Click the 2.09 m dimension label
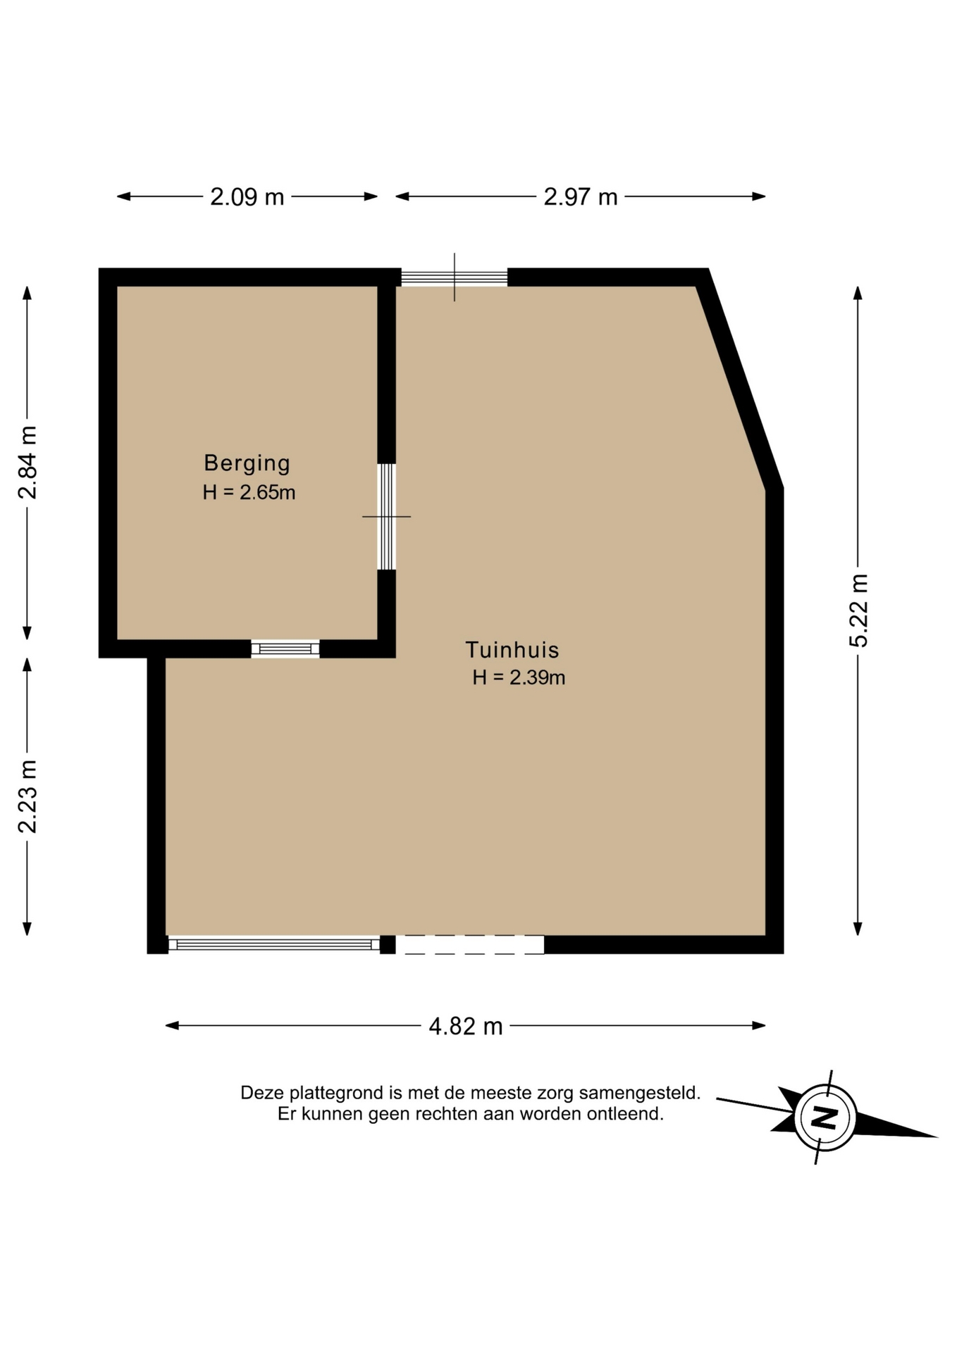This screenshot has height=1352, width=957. [x=247, y=196]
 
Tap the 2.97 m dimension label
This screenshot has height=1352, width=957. [x=580, y=196]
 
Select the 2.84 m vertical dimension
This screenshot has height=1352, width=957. [x=27, y=463]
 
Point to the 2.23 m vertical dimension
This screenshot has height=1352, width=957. [x=27, y=796]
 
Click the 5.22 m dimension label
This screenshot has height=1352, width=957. [x=858, y=611]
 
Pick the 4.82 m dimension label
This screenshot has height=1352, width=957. [x=466, y=1026]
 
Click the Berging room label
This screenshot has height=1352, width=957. [x=247, y=463]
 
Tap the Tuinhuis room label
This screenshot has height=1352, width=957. [x=512, y=649]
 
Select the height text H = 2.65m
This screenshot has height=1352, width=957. [x=249, y=492]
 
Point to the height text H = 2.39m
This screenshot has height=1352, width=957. [x=519, y=677]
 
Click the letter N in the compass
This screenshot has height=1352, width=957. [x=824, y=1118]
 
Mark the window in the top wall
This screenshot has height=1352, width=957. [x=454, y=277]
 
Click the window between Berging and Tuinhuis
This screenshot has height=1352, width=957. [x=386, y=516]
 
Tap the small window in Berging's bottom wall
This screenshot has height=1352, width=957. [x=285, y=649]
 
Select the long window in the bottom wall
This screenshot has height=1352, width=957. [x=274, y=944]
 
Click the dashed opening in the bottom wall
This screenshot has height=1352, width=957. [x=470, y=944]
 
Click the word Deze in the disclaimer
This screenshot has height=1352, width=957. [x=261, y=1093]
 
